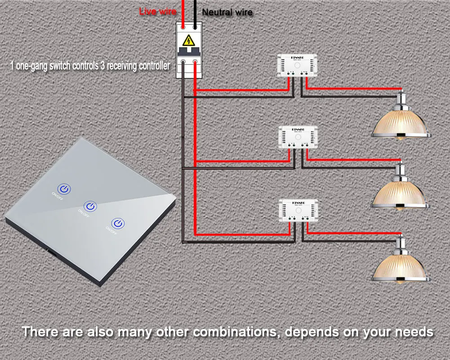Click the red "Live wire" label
(x=157, y=11)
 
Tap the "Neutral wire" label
(x=227, y=13)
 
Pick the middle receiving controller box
(x=298, y=137)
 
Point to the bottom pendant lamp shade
(x=400, y=266)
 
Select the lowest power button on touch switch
(x=118, y=224)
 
